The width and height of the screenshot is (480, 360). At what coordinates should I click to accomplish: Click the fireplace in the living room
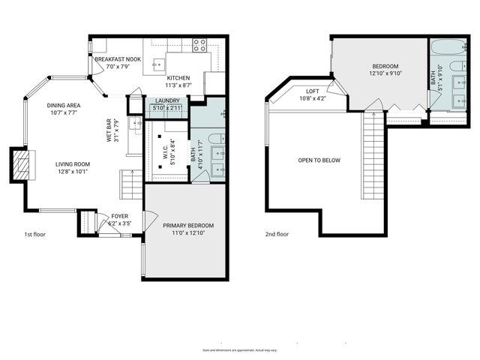(x=21, y=163)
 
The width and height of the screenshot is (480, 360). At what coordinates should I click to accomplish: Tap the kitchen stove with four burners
(x=199, y=44)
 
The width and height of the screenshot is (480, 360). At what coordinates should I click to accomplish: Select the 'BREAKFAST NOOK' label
(x=118, y=58)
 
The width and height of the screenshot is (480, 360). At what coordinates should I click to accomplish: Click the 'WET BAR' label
(x=109, y=130)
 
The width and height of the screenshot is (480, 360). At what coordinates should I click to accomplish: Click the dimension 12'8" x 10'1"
(x=72, y=171)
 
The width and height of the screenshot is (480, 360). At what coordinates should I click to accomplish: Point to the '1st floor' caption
(x=34, y=235)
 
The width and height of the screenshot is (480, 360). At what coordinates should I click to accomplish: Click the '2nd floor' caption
(x=277, y=234)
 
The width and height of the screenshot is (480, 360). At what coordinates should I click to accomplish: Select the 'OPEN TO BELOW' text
(x=319, y=160)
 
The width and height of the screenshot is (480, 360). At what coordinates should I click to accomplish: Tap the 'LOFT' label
(x=313, y=91)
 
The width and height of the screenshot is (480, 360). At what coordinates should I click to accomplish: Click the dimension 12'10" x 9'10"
(x=385, y=73)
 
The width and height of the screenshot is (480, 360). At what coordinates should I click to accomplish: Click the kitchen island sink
(x=158, y=63)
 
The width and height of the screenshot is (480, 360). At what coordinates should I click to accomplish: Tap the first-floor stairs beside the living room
(x=131, y=184)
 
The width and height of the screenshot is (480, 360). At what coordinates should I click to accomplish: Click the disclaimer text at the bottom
(x=240, y=350)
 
